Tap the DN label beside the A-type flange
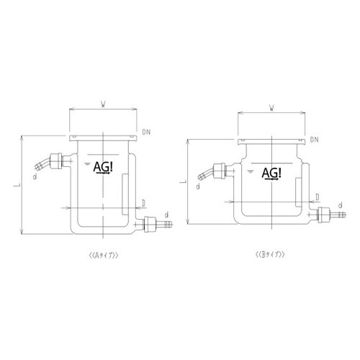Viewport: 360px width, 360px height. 146,132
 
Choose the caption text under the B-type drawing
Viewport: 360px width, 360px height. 271,255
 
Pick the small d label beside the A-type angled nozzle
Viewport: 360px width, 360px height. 35,175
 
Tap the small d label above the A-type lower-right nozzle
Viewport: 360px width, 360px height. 167,215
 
